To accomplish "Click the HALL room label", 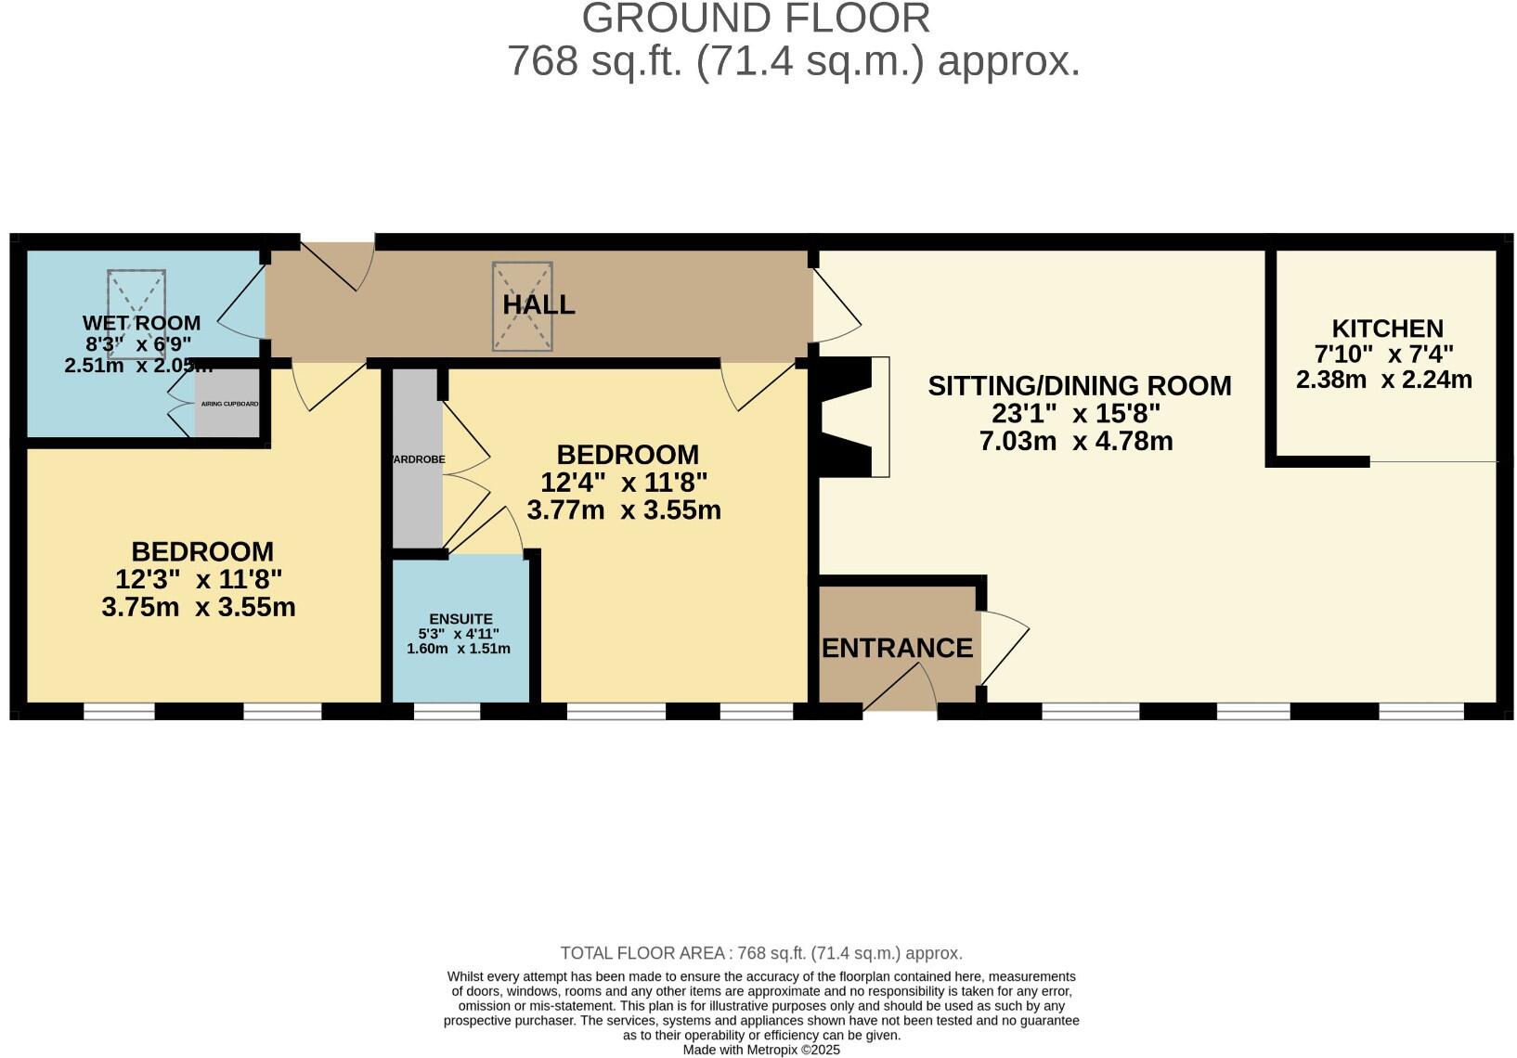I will (x=538, y=304).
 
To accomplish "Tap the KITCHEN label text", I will (x=1387, y=329).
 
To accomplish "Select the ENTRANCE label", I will (x=897, y=648).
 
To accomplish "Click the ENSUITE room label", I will (x=460, y=619).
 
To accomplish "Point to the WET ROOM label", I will (x=141, y=323).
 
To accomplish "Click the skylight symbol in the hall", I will (x=523, y=306).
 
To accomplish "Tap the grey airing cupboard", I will (x=227, y=404).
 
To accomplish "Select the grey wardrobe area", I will (x=416, y=458).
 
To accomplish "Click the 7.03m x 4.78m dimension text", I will (x=1076, y=441).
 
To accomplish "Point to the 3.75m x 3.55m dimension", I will (x=199, y=608).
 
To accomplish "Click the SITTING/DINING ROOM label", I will (x=1080, y=385).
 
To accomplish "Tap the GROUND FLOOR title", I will (x=757, y=19).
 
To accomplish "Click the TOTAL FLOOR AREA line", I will (x=761, y=953).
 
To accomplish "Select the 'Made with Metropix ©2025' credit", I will (x=761, y=1050).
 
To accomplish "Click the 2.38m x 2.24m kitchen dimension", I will (x=1383, y=380).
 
